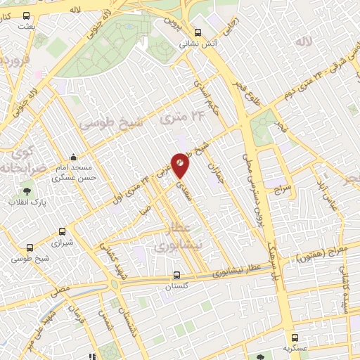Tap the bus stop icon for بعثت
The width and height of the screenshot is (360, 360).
(27, 15)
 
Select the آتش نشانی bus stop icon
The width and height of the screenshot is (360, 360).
(198, 32)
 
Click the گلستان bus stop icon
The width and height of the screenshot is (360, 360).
(176, 276)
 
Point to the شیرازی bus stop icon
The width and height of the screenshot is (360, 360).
(63, 231)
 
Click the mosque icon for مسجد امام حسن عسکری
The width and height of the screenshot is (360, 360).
(73, 157)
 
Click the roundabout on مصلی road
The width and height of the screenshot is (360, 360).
(113, 285)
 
